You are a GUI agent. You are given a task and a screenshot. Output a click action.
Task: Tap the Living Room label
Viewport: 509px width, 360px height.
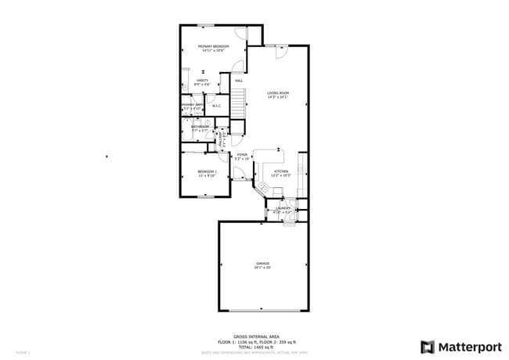coord(278,93)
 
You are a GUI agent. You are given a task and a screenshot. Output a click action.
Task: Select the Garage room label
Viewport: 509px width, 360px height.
coord(262,263)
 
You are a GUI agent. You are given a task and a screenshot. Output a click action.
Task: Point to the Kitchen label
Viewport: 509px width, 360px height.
coord(280,171)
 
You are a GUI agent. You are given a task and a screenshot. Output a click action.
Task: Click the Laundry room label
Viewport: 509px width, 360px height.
coord(282,208)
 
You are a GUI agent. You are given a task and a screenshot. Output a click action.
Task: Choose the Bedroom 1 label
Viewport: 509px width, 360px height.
coord(207,171)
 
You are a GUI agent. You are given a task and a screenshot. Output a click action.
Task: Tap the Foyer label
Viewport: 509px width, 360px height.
coord(242,155)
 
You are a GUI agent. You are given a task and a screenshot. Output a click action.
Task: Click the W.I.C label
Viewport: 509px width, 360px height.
coord(217,106)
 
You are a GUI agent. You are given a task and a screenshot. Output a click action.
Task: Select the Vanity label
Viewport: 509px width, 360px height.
coord(201,81)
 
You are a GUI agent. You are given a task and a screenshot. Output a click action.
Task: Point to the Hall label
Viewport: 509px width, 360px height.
coord(238,81)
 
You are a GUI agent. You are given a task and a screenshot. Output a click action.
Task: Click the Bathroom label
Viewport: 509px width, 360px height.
coord(199,126)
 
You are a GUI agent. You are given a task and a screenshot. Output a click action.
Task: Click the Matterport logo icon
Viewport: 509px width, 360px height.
coord(428,347)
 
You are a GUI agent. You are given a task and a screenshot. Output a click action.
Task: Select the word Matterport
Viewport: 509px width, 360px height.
coord(468,347)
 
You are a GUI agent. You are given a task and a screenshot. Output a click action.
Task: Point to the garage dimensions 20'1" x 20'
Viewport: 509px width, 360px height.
coord(262,268)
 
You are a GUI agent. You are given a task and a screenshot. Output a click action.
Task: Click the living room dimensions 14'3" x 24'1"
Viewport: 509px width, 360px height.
coord(278,98)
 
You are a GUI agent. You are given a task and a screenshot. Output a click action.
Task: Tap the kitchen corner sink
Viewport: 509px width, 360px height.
coord(263,189)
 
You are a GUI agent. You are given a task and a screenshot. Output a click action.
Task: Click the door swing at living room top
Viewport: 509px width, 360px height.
coord(282,52)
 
